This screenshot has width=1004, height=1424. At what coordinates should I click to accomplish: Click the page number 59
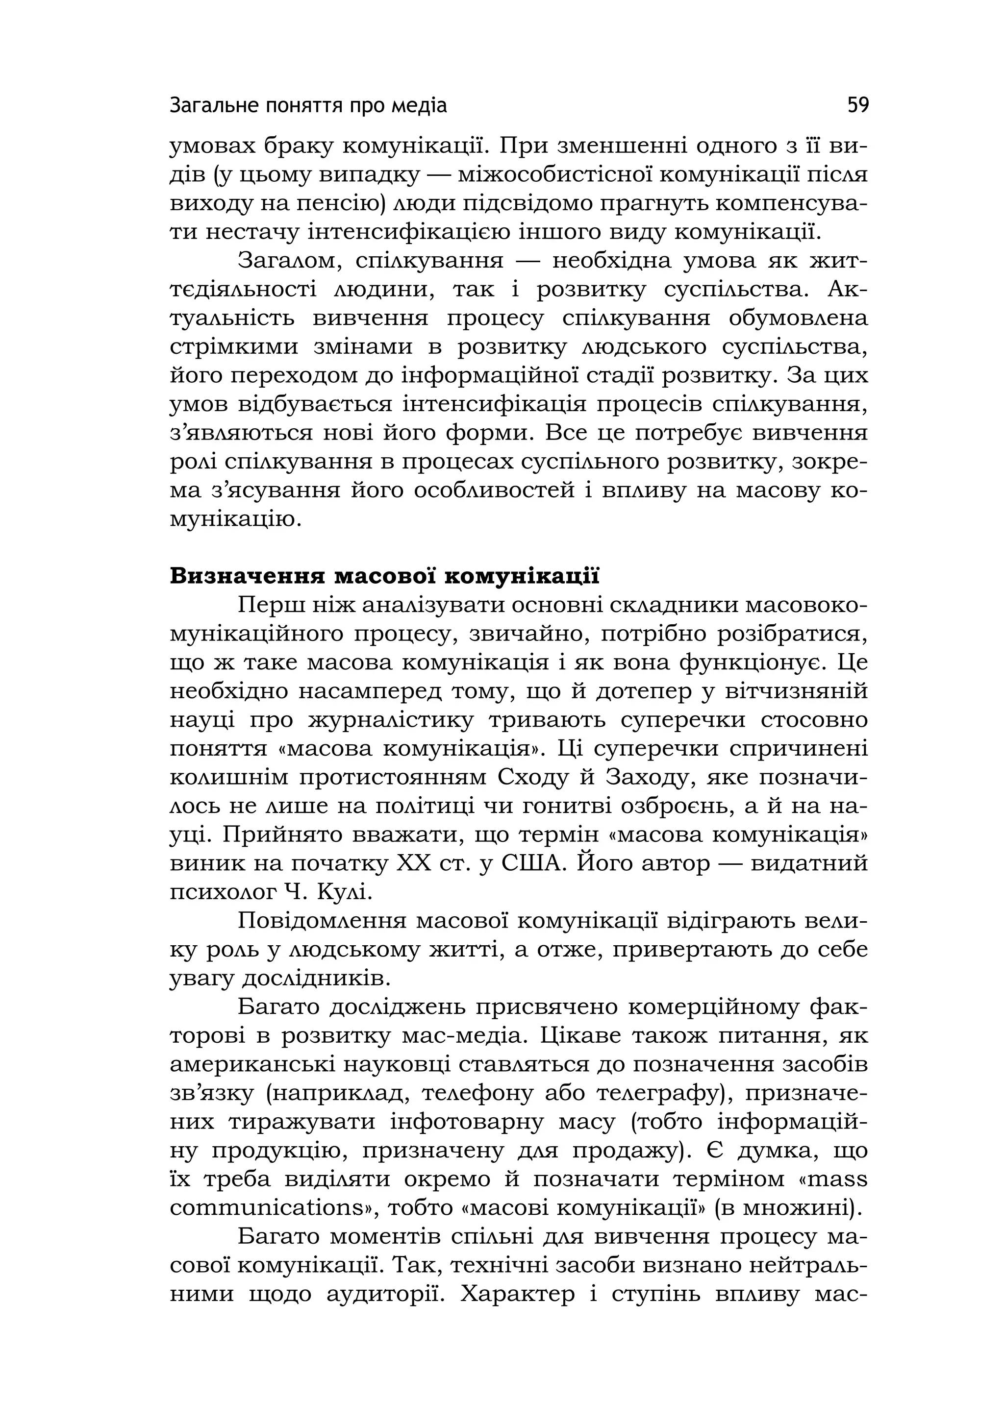[x=857, y=105]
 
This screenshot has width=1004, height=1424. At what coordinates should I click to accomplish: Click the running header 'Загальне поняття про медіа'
[x=308, y=106]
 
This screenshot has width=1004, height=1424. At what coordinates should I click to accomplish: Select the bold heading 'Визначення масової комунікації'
[x=385, y=576]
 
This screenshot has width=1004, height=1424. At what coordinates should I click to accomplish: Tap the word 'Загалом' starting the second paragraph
[x=290, y=261]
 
